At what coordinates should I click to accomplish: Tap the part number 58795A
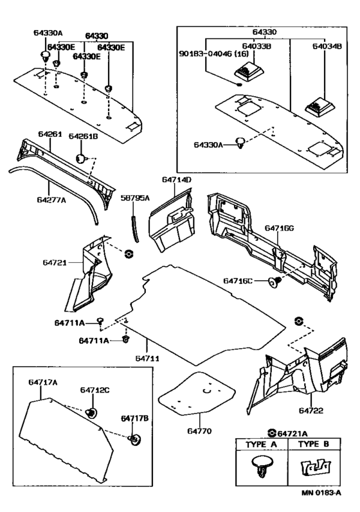click(x=135, y=199)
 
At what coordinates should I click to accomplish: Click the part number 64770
click(x=200, y=431)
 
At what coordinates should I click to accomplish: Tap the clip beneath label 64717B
click(x=135, y=439)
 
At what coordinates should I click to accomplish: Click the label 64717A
click(x=43, y=382)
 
